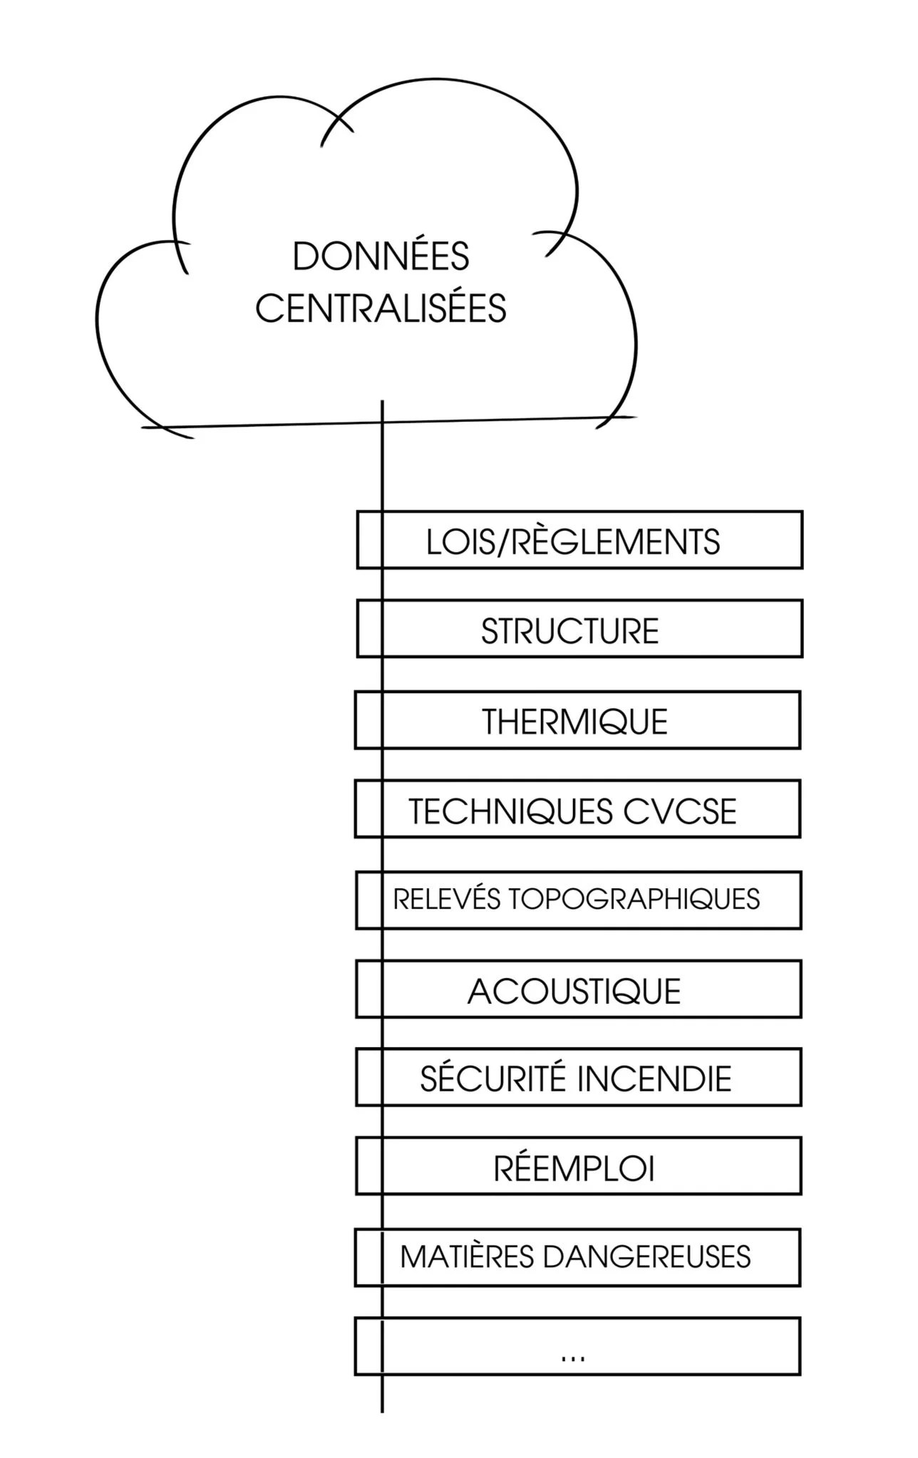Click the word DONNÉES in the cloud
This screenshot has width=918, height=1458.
(x=381, y=257)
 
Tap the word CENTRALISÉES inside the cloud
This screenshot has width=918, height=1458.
(x=381, y=309)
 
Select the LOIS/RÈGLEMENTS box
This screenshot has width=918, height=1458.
(x=579, y=540)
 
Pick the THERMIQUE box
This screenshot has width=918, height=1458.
(x=577, y=720)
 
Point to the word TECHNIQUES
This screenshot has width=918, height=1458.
(x=511, y=812)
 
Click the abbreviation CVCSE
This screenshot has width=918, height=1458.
(x=679, y=812)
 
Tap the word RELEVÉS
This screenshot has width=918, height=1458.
(x=447, y=900)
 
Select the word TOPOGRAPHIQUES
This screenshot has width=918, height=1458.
(x=634, y=900)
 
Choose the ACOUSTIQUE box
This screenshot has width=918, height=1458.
(x=577, y=990)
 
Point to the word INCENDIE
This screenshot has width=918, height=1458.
(x=654, y=1079)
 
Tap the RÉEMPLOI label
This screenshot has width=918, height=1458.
(x=574, y=1168)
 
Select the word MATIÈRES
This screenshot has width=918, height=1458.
(x=467, y=1257)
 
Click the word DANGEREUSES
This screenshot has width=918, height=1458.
(x=646, y=1257)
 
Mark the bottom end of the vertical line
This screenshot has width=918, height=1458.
(x=382, y=1410)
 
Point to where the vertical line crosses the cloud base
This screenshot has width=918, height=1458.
(x=382, y=423)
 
